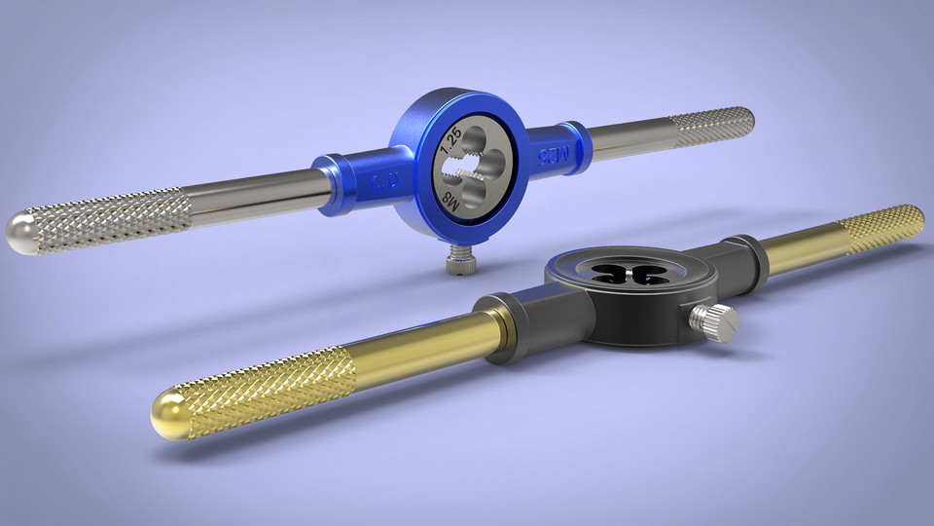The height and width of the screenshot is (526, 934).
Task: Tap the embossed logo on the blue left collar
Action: click(377, 180)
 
